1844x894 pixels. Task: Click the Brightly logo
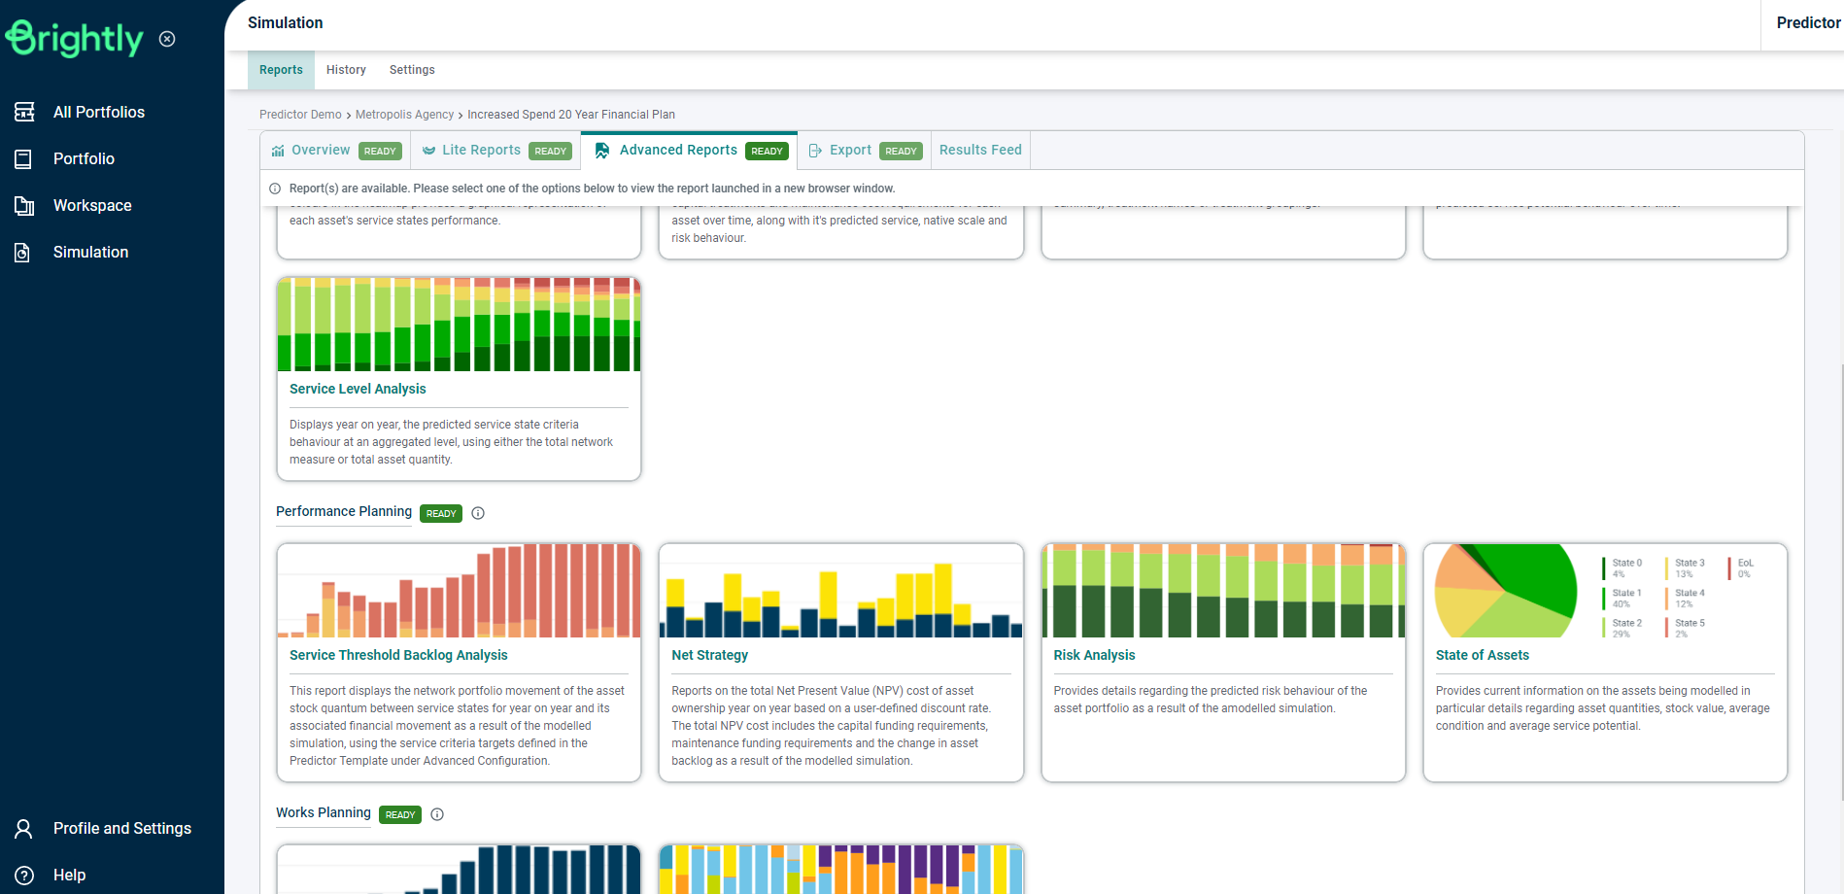pyautogui.click(x=75, y=39)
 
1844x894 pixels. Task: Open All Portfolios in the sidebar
pyautogui.click(x=98, y=112)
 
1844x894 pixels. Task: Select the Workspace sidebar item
pyautogui.click(x=92, y=205)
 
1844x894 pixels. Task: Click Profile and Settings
pyautogui.click(x=121, y=828)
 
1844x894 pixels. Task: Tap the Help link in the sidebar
pyautogui.click(x=69, y=875)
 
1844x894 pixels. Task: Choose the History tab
pyautogui.click(x=346, y=70)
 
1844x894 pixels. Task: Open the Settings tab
pyautogui.click(x=412, y=70)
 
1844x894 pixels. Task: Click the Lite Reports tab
pyautogui.click(x=481, y=150)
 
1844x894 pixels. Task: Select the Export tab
pyautogui.click(x=850, y=150)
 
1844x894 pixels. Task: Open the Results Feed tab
pyautogui.click(x=980, y=150)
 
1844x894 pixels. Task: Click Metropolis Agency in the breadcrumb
pyautogui.click(x=404, y=115)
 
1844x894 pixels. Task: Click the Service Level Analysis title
pyautogui.click(x=358, y=389)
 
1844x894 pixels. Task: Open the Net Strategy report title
pyautogui.click(x=709, y=655)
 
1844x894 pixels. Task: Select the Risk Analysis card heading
pyautogui.click(x=1094, y=655)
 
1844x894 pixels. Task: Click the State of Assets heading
pyautogui.click(x=1482, y=655)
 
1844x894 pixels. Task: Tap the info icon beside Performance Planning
pyautogui.click(x=478, y=513)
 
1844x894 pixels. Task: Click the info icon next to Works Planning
pyautogui.click(x=437, y=814)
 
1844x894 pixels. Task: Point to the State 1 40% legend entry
pyautogui.click(x=1624, y=598)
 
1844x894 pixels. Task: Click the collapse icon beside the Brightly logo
pyautogui.click(x=167, y=39)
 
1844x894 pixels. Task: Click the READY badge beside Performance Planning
pyautogui.click(x=441, y=513)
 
